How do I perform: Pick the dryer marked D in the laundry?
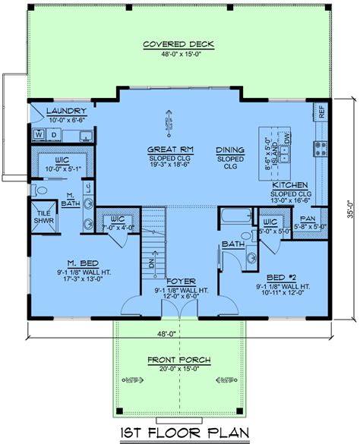[x=53, y=135]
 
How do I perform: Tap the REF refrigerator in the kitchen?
[x=321, y=112]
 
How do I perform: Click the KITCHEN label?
[x=290, y=184]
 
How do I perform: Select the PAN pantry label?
[x=310, y=217]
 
